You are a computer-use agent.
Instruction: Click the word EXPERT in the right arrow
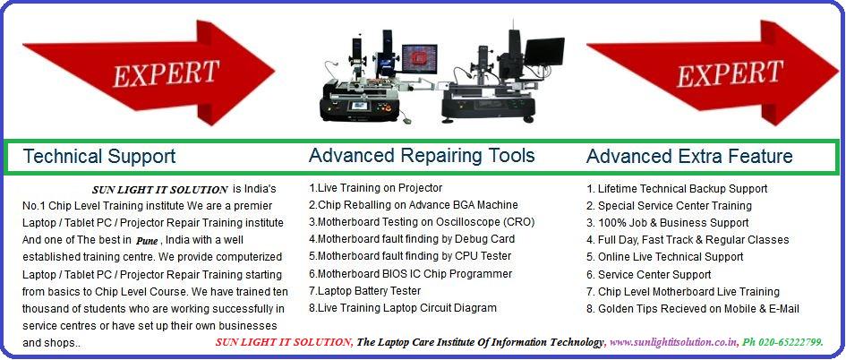pyautogui.click(x=731, y=72)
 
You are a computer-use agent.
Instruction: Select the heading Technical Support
pyautogui.click(x=98, y=157)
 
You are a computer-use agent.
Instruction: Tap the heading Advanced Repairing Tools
pyautogui.click(x=422, y=156)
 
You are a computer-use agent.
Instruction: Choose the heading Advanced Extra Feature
pyautogui.click(x=689, y=157)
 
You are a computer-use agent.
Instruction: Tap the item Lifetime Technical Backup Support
pyautogui.click(x=677, y=189)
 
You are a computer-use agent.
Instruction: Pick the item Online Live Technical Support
pyautogui.click(x=664, y=257)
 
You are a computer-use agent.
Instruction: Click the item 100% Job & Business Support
pyautogui.click(x=667, y=223)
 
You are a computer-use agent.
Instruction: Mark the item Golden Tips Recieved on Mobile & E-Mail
pyautogui.click(x=693, y=309)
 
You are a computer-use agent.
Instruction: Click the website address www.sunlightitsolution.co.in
pyautogui.click(x=674, y=342)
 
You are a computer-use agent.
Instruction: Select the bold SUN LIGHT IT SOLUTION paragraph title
pyautogui.click(x=158, y=190)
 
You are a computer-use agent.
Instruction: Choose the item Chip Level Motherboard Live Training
pyautogui.click(x=682, y=292)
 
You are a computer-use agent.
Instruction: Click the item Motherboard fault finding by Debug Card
pyautogui.click(x=411, y=239)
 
